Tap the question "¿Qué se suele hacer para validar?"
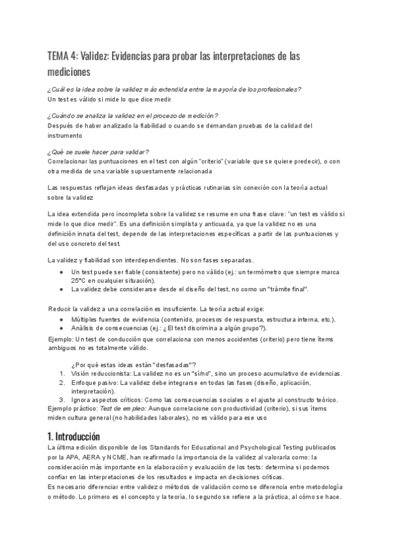tap(99, 151)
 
